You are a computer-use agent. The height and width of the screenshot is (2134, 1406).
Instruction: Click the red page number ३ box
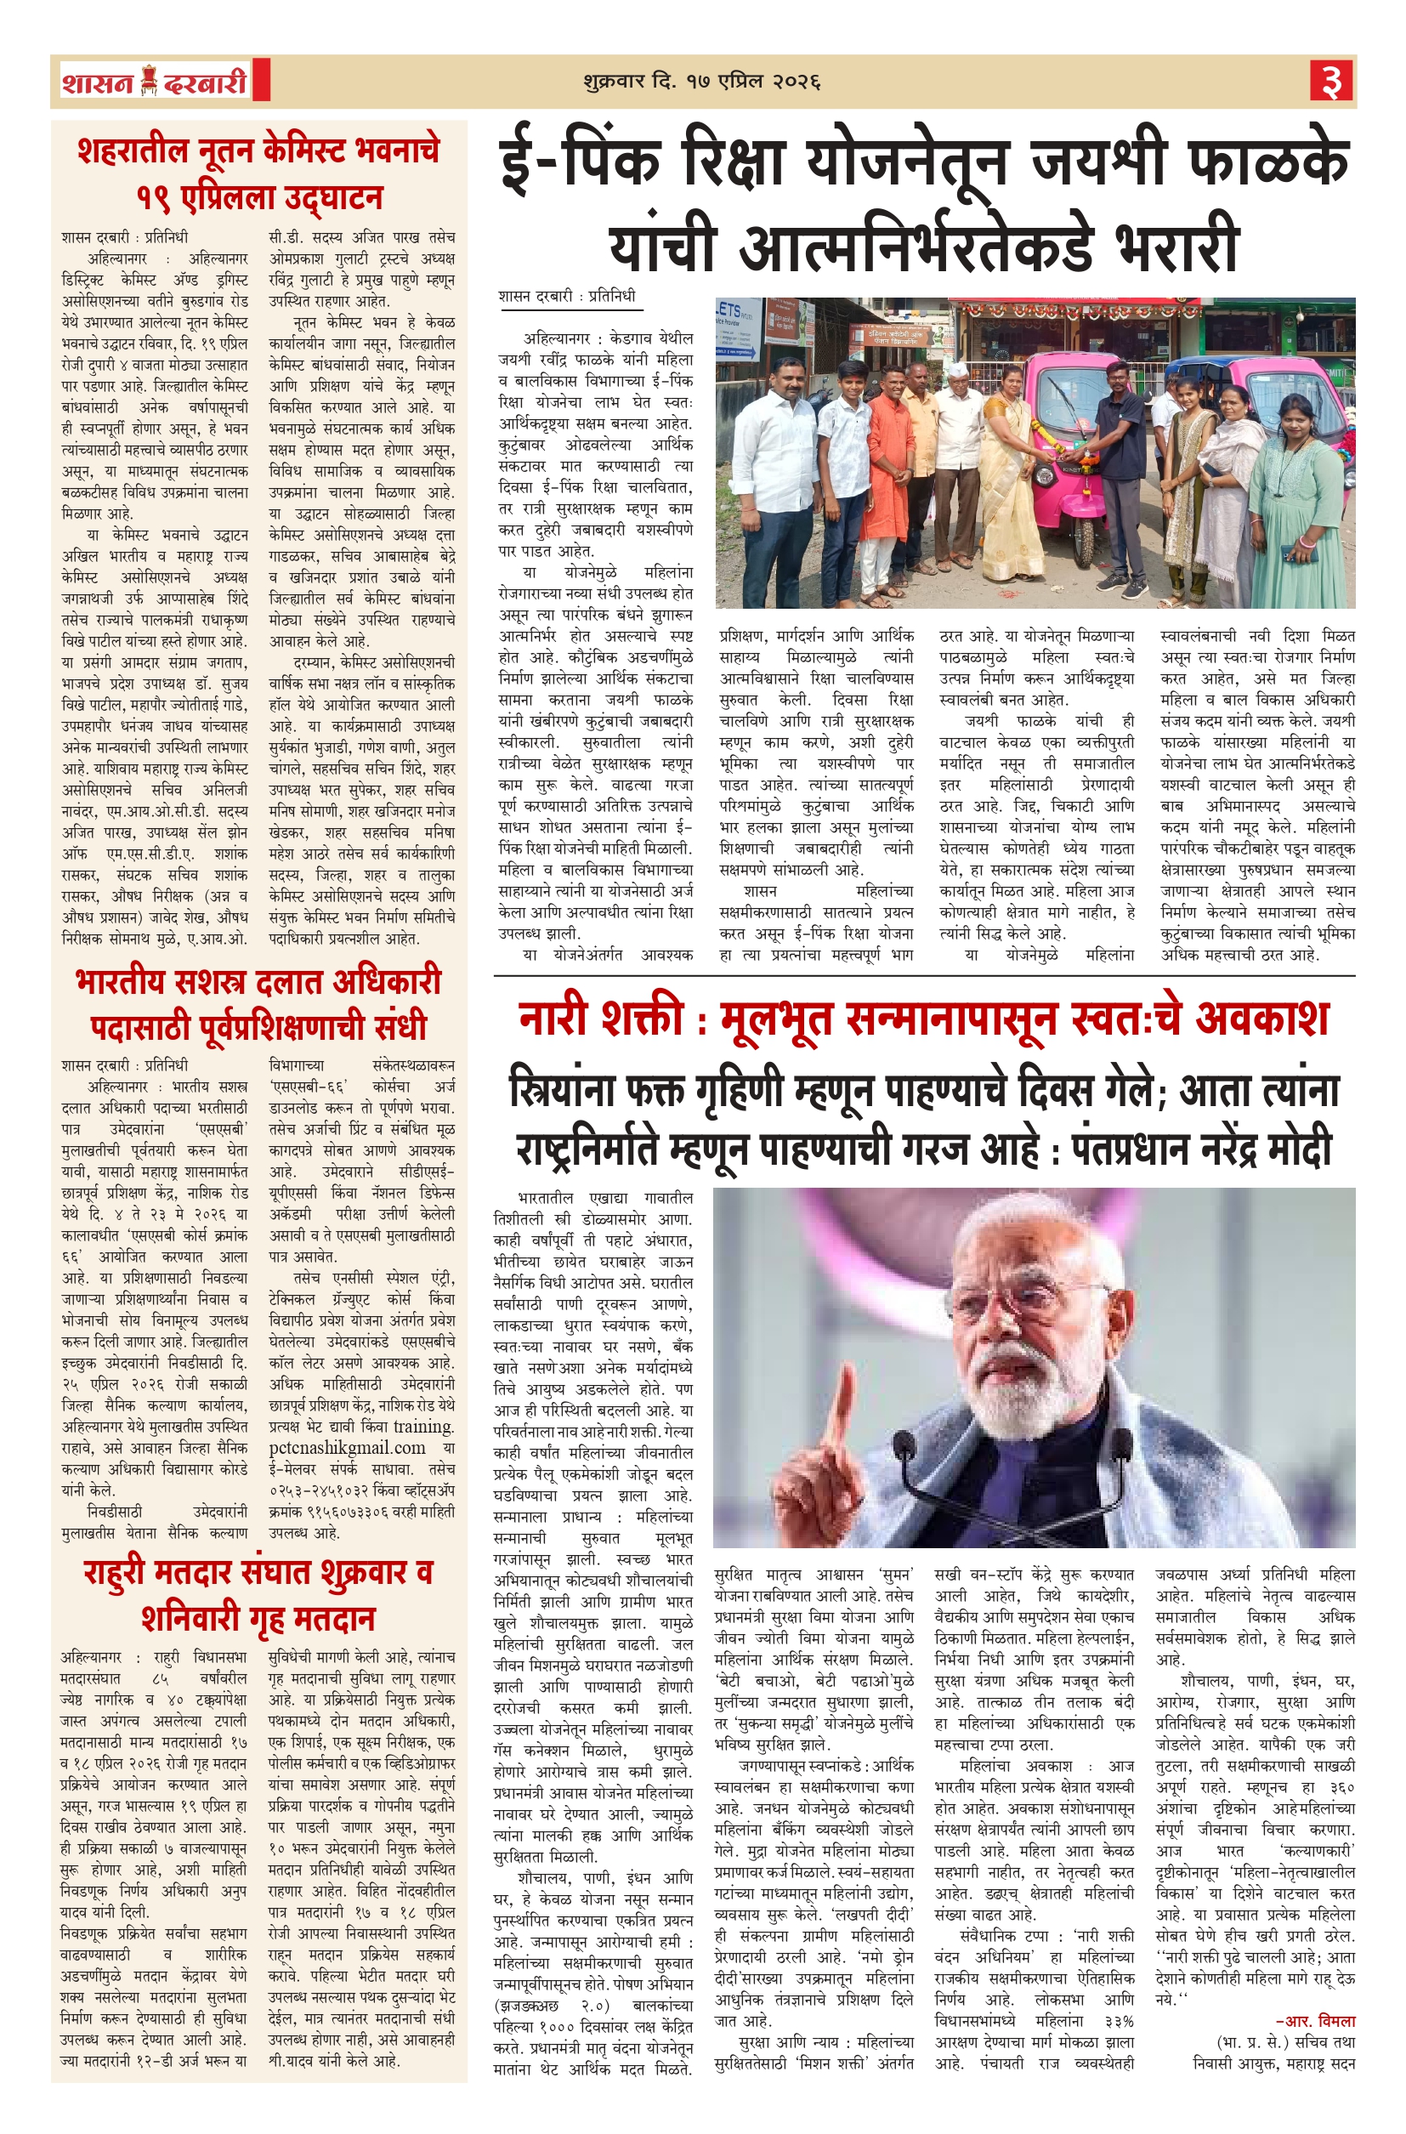coord(1331,82)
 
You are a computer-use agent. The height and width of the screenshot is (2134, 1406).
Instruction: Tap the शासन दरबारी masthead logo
coord(154,82)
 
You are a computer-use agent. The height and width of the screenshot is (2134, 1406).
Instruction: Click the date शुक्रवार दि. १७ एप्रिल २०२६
coord(701,82)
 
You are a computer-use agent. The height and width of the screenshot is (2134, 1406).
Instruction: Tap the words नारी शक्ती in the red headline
coord(609,1018)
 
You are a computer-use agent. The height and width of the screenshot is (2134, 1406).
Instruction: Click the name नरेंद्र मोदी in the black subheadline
coord(1241,1149)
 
